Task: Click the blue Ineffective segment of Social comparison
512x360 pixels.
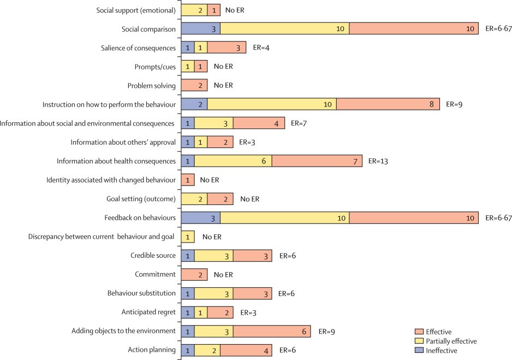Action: pos(200,28)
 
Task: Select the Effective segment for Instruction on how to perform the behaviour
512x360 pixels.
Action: pos(388,104)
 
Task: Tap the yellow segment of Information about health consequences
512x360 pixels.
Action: pos(233,161)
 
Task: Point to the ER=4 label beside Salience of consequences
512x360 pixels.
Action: pos(262,48)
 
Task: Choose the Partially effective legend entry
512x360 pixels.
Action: pos(451,341)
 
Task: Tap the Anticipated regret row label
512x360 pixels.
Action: pos(148,312)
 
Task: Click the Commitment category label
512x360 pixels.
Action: pos(155,274)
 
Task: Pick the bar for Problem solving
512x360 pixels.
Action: pos(194,85)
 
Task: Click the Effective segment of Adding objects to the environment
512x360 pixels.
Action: pos(272,331)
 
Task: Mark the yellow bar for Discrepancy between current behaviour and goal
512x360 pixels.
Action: pos(188,237)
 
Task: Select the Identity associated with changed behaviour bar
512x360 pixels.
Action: pos(188,180)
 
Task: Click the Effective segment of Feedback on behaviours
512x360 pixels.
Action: pos(414,218)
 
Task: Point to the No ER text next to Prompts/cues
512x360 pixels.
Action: pos(223,67)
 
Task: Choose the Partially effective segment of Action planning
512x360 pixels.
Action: pos(207,350)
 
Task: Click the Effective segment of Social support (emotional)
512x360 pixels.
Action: pos(213,10)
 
